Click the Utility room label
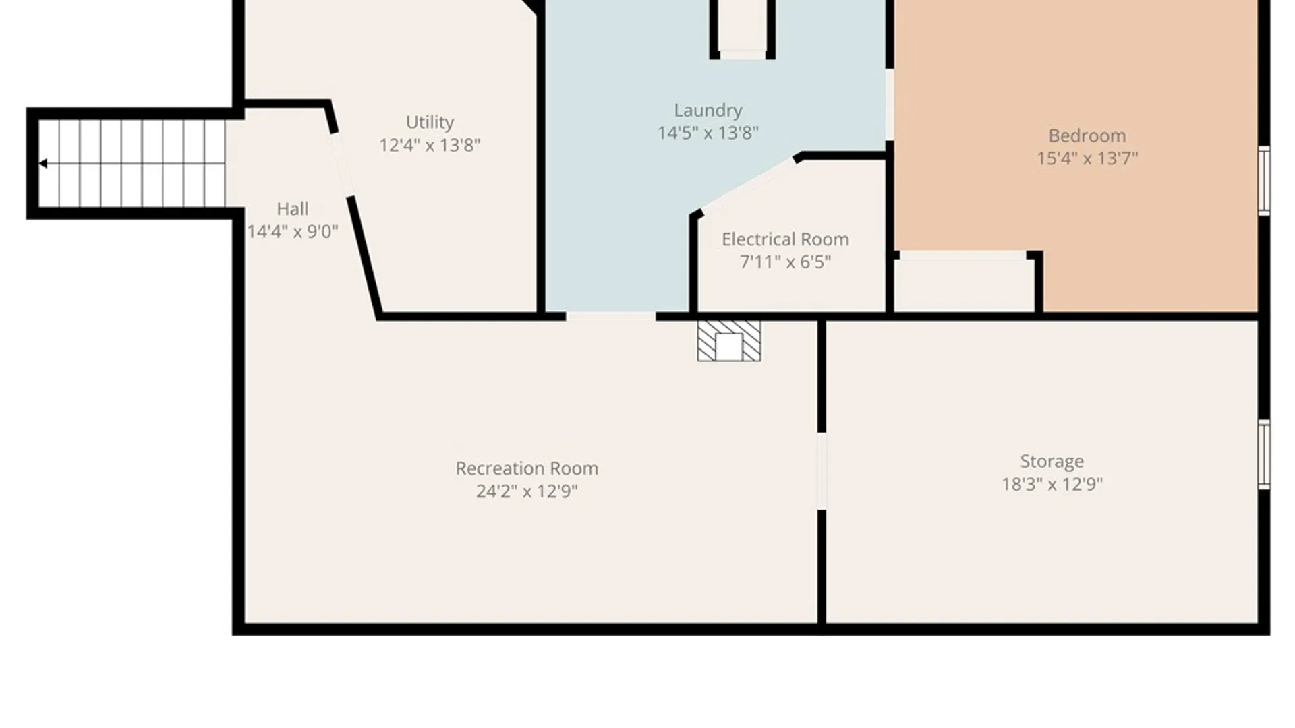point(430,122)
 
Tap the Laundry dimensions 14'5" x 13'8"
point(708,133)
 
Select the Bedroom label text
point(1087,135)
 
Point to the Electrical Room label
point(785,239)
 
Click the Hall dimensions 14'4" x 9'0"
point(293,232)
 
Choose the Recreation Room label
point(527,468)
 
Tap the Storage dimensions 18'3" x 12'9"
point(1052,484)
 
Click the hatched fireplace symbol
point(729,341)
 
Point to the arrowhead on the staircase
point(43,163)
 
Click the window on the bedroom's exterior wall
point(1265,181)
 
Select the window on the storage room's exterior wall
point(1265,454)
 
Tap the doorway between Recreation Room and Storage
point(822,471)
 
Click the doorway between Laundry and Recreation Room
point(610,316)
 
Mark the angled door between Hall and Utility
point(342,164)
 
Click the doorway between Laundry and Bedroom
point(890,104)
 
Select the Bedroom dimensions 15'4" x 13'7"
point(1087,158)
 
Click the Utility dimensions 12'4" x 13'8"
point(430,145)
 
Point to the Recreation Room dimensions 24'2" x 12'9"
point(527,491)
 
